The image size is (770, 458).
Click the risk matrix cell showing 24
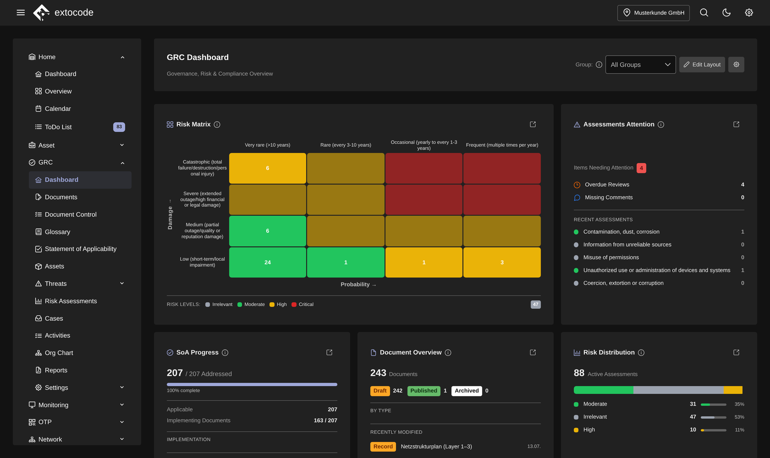click(267, 262)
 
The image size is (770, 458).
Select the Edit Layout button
click(702, 65)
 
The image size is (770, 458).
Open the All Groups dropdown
click(640, 65)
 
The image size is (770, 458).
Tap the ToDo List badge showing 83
click(119, 127)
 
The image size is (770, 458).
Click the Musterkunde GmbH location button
click(653, 13)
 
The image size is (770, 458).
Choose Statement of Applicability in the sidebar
click(80, 249)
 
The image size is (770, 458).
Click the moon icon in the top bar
click(726, 13)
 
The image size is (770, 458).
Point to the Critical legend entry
click(303, 305)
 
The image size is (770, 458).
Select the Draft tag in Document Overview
click(380, 391)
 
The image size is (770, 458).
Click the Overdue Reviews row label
click(607, 185)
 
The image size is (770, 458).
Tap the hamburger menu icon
click(21, 13)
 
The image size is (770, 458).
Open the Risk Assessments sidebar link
click(71, 301)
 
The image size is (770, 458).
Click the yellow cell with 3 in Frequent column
click(502, 262)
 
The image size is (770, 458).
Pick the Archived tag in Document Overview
click(466, 391)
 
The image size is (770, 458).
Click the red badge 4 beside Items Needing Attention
click(641, 168)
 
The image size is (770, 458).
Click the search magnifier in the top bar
click(704, 13)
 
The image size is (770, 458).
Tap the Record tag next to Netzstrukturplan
click(383, 446)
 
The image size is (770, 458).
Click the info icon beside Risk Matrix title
click(217, 125)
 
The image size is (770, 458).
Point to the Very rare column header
click(267, 145)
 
